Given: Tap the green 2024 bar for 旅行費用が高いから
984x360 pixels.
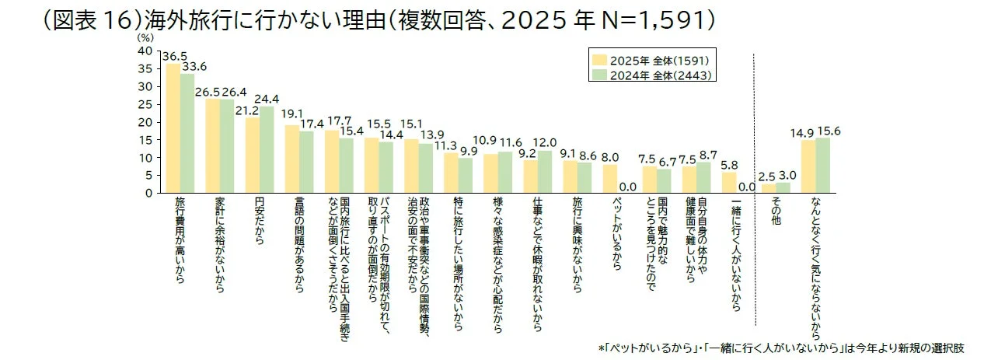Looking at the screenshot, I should [187, 133].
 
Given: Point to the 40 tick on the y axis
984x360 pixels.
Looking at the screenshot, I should [145, 51].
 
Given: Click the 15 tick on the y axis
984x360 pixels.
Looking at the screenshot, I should [145, 140].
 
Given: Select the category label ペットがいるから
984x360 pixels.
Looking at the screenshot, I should [616, 233].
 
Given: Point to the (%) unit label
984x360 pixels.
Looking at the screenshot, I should [145, 37].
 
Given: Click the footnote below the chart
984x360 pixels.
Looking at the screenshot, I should [790, 346].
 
